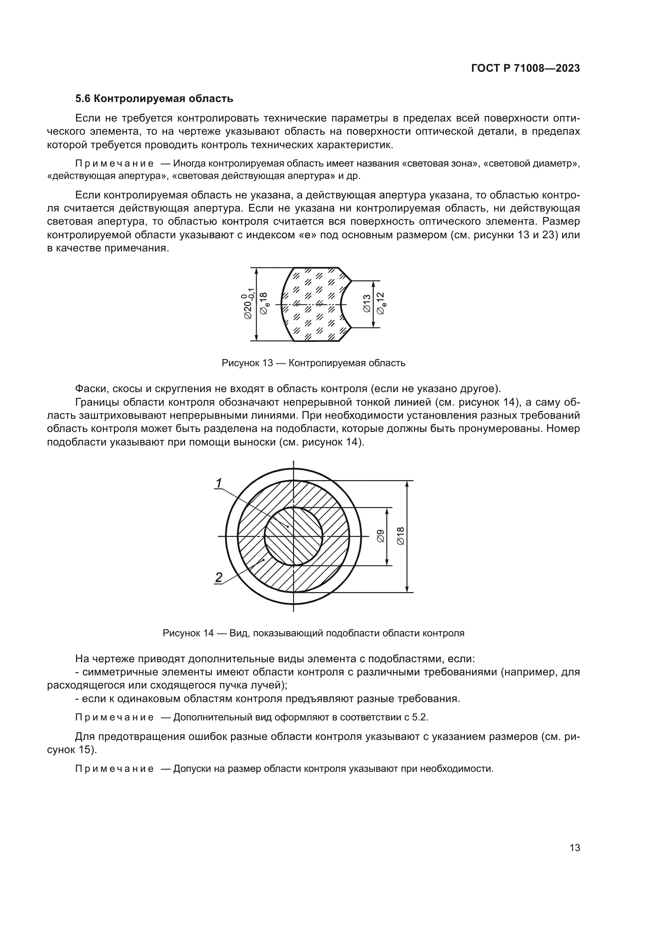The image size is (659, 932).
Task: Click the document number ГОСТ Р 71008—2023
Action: [x=525, y=68]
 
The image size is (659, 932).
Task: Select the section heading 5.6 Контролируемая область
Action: [x=154, y=99]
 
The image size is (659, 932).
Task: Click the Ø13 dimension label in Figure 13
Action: [x=367, y=304]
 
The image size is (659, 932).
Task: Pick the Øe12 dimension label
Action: [x=381, y=304]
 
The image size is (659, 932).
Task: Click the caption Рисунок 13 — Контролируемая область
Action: [x=313, y=363]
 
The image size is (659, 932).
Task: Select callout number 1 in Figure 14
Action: [x=219, y=483]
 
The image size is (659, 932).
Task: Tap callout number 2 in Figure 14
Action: [x=219, y=577]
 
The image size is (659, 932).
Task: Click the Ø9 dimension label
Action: [x=380, y=536]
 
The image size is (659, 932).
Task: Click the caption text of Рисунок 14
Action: [x=313, y=633]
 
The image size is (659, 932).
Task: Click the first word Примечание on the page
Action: [x=115, y=164]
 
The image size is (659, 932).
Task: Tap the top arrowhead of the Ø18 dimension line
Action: [x=407, y=484]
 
